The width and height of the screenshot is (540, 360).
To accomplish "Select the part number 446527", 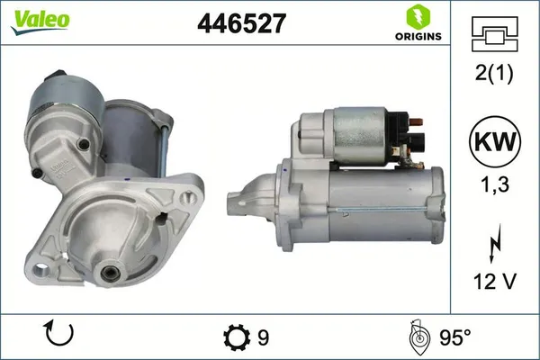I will [240, 24].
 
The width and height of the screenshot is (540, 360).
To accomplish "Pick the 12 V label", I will [493, 281].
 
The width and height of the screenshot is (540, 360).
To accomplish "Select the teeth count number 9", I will [263, 337].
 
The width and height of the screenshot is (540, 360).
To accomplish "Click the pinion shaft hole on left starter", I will [107, 271].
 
